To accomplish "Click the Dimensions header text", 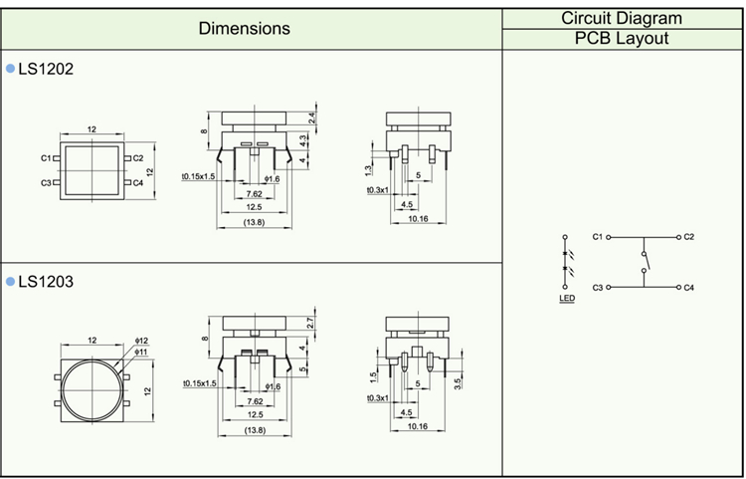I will click(245, 28).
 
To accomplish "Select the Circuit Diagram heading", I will click(622, 18).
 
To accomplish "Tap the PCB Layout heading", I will click(622, 39).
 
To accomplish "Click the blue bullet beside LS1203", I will click(11, 283).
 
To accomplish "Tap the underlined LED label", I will click(566, 298).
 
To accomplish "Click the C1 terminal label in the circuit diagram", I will click(597, 237).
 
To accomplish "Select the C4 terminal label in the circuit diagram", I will click(688, 288).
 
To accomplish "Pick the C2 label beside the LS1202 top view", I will click(138, 157).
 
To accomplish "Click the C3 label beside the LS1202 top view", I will click(46, 183).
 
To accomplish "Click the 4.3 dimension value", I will click(302, 141).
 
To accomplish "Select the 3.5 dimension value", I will click(457, 381).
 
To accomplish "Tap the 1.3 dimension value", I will click(368, 169).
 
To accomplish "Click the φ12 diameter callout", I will click(141, 341).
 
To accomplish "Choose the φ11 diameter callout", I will click(141, 352).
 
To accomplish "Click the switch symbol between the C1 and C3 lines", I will click(644, 263).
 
